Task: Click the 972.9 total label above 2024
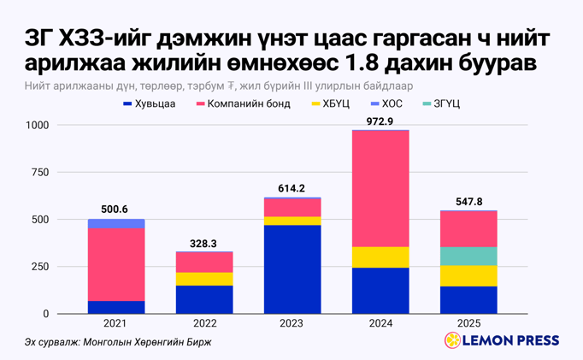[380, 121]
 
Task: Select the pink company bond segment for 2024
[380, 188]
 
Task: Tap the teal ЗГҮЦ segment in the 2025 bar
[468, 256]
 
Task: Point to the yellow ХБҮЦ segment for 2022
[204, 279]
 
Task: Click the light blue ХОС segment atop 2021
[116, 224]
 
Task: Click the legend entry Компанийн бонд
[243, 103]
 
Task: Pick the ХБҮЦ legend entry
[330, 103]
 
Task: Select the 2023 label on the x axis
[292, 323]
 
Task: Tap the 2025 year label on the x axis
[468, 323]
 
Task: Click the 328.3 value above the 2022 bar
[204, 243]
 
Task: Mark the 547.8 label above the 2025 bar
[468, 201]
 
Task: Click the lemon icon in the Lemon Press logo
[452, 341]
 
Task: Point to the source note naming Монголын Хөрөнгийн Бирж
[118, 342]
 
